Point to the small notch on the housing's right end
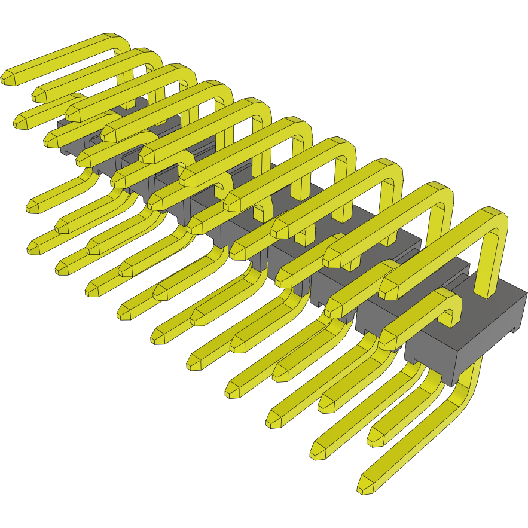click(514, 328)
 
